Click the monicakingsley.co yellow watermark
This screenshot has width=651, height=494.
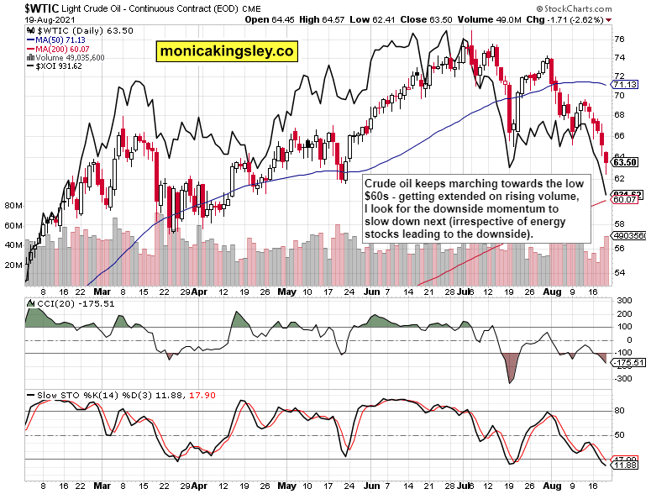coord(227,51)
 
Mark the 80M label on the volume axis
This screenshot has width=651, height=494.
coord(13,205)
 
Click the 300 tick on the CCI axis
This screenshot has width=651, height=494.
coord(622,300)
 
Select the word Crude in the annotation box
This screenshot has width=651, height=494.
coord(381,181)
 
